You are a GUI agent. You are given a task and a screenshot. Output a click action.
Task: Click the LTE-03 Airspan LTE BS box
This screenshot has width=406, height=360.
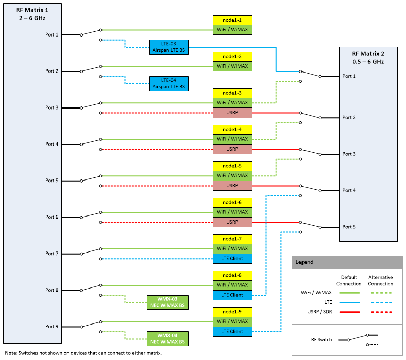[x=169, y=47]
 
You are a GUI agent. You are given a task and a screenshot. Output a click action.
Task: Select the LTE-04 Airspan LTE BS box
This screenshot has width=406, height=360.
[x=169, y=84]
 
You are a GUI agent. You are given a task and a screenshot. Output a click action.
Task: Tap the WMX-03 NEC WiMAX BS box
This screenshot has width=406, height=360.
[x=167, y=302]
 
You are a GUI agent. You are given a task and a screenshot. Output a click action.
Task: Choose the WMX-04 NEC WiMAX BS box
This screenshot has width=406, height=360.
[x=167, y=339]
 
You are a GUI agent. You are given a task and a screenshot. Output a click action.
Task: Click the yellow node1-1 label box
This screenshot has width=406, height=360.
[x=232, y=20]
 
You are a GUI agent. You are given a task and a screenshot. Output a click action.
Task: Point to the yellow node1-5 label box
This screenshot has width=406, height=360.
[x=232, y=166]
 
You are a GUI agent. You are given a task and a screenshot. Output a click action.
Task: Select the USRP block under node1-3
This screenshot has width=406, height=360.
[x=232, y=113]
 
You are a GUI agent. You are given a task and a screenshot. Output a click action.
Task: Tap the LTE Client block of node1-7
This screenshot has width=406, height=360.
[x=232, y=259]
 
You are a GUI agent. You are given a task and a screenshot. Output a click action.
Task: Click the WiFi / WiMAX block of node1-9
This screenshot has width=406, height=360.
[x=232, y=322]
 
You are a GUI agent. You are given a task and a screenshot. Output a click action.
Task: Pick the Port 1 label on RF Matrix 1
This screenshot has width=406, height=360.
[x=52, y=34]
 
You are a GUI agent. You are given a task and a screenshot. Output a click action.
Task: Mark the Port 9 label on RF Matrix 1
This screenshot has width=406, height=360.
[x=52, y=327]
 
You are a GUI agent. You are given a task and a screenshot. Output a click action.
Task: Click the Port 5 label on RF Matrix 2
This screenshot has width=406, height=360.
[x=349, y=227]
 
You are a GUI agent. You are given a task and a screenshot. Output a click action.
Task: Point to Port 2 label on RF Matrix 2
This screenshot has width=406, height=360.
[x=349, y=118]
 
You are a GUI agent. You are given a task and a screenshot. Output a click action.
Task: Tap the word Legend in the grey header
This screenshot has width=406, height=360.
[x=304, y=262]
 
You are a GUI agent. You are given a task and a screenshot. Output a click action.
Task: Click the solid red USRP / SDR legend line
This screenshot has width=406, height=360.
[x=350, y=312]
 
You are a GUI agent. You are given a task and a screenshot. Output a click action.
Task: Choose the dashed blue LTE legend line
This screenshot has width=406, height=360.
[x=382, y=302]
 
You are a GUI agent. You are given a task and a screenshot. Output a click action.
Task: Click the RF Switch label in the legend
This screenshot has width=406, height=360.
[x=321, y=340]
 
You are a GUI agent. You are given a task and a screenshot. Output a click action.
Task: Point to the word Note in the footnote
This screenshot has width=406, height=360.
[x=11, y=353]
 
